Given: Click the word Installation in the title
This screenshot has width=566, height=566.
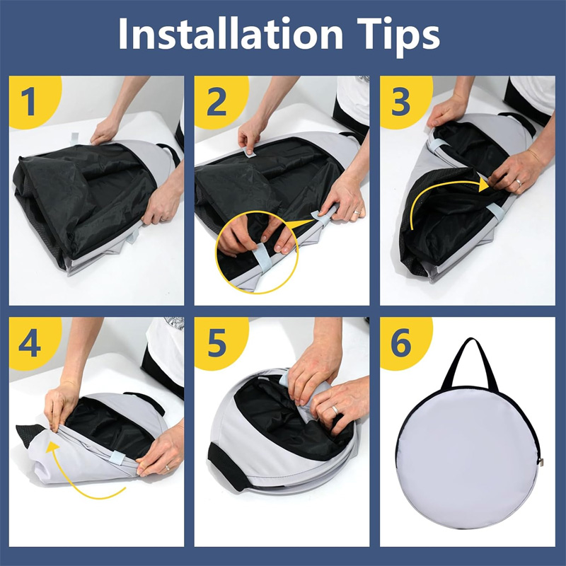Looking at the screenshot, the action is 231,33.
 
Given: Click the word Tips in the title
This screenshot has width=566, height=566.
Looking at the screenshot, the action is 398,37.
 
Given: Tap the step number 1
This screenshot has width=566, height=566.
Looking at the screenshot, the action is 28,102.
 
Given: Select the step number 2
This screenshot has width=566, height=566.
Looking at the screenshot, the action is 216,102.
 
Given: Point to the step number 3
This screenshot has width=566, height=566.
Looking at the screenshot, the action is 401,102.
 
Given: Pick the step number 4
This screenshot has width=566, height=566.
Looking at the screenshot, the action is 30,343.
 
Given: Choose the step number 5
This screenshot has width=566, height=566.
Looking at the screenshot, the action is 216,343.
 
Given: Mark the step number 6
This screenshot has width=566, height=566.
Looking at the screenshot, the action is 401,343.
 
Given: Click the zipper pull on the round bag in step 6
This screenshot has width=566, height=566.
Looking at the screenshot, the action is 541,462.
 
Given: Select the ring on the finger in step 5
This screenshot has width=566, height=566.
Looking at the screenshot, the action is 335,410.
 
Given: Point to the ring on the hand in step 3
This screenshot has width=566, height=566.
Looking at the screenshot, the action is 518,183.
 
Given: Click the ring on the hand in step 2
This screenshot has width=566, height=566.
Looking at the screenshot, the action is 357,212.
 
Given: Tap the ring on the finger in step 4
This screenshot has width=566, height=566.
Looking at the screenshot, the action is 167,468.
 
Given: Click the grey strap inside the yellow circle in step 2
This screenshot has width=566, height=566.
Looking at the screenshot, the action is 260,258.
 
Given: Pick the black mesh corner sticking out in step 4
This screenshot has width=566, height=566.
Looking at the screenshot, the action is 30,433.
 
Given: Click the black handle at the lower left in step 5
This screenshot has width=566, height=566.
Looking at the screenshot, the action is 226,466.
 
